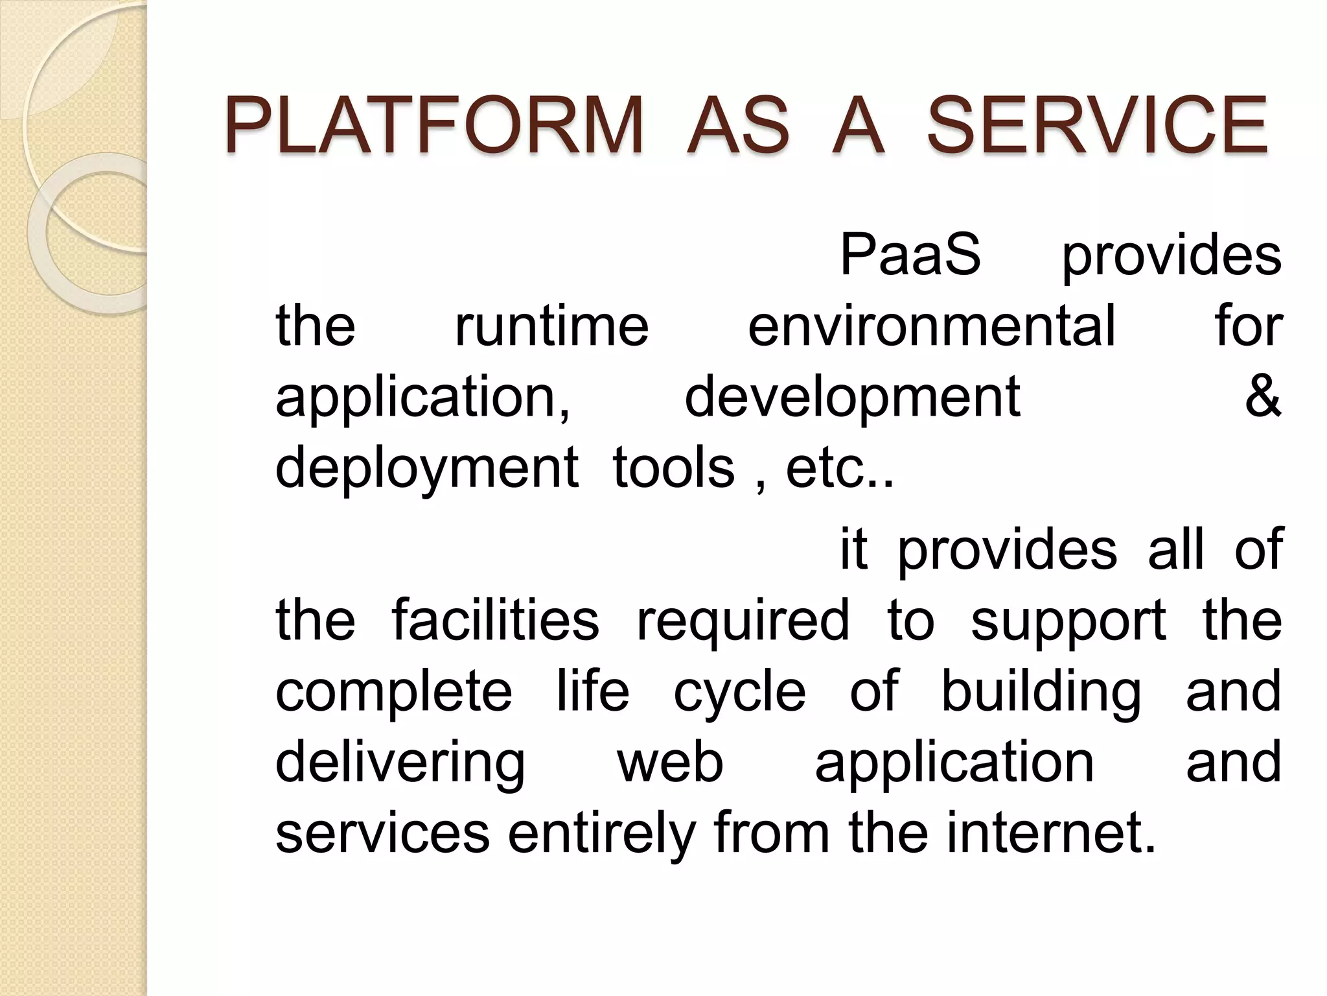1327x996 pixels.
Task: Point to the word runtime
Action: pos(551,326)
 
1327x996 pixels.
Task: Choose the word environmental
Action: pos(932,326)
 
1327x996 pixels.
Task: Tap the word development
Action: pos(852,397)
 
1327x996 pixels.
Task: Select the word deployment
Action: pos(427,468)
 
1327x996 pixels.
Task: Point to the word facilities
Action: pos(496,620)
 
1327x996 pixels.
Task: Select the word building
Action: pos(1041,691)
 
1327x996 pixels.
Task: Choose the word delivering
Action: pos(400,763)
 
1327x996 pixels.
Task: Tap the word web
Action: pos(670,763)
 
